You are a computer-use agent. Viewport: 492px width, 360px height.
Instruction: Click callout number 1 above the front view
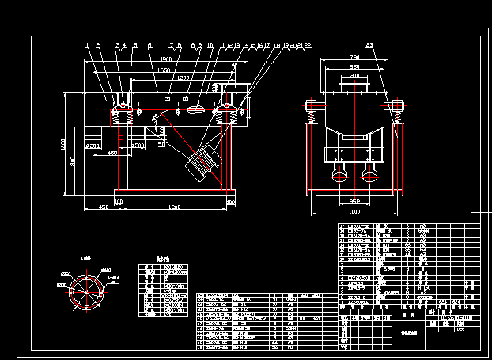pos(86,46)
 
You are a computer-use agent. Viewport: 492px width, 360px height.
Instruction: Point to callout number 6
pos(149,46)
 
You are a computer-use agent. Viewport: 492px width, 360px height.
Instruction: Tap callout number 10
pos(210,46)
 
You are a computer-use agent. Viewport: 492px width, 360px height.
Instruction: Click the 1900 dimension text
pos(165,59)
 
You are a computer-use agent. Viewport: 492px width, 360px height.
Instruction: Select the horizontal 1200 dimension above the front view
pos(183,78)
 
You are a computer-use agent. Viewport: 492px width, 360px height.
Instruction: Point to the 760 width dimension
pos(354,59)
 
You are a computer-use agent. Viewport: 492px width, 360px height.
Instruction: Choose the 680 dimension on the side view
pos(354,68)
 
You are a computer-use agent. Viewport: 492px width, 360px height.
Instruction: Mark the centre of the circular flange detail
pos(86,288)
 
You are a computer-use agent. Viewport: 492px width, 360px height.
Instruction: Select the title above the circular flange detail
pos(86,258)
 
